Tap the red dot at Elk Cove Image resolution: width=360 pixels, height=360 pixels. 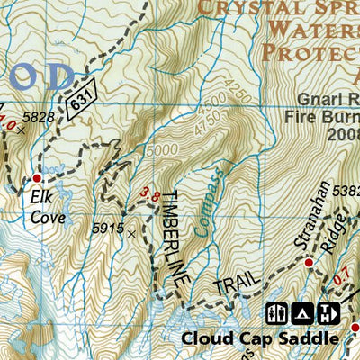[37, 177]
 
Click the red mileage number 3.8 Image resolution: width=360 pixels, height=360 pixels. [151, 193]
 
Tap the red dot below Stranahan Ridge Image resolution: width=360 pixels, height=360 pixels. [309, 263]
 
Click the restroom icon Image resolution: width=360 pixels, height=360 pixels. [277, 313]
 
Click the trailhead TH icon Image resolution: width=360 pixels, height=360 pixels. [328, 313]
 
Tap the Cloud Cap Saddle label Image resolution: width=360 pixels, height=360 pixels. [260, 339]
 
